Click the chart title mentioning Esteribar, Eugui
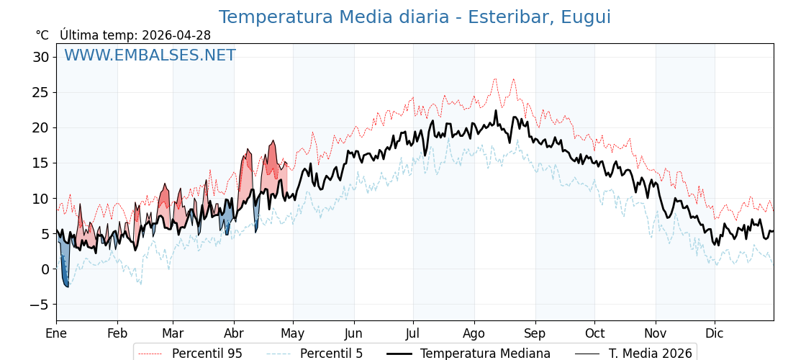(415, 17)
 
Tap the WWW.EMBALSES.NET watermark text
(150, 55)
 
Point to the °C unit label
(42, 35)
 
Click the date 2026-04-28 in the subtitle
(176, 35)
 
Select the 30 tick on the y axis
(41, 57)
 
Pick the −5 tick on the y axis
(38, 305)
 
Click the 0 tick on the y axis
(45, 269)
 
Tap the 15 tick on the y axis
(41, 163)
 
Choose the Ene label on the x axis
(56, 333)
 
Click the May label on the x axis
(293, 333)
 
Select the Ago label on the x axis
(474, 333)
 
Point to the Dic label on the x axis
(715, 333)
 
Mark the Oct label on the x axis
(594, 333)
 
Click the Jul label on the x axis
(413, 333)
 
